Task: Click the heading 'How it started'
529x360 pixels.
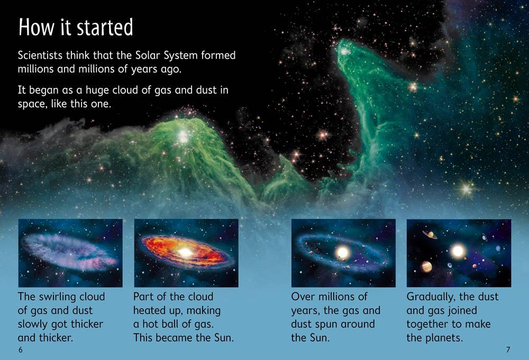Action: [76, 28]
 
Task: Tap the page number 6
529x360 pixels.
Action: [20, 350]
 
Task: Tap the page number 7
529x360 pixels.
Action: [508, 350]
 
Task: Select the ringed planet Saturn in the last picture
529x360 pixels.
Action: [430, 233]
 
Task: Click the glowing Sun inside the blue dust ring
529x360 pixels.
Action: [342, 253]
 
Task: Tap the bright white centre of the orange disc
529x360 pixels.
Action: [185, 253]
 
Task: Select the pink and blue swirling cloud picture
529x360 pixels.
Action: [70, 253]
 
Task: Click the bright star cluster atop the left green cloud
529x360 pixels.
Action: [183, 136]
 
